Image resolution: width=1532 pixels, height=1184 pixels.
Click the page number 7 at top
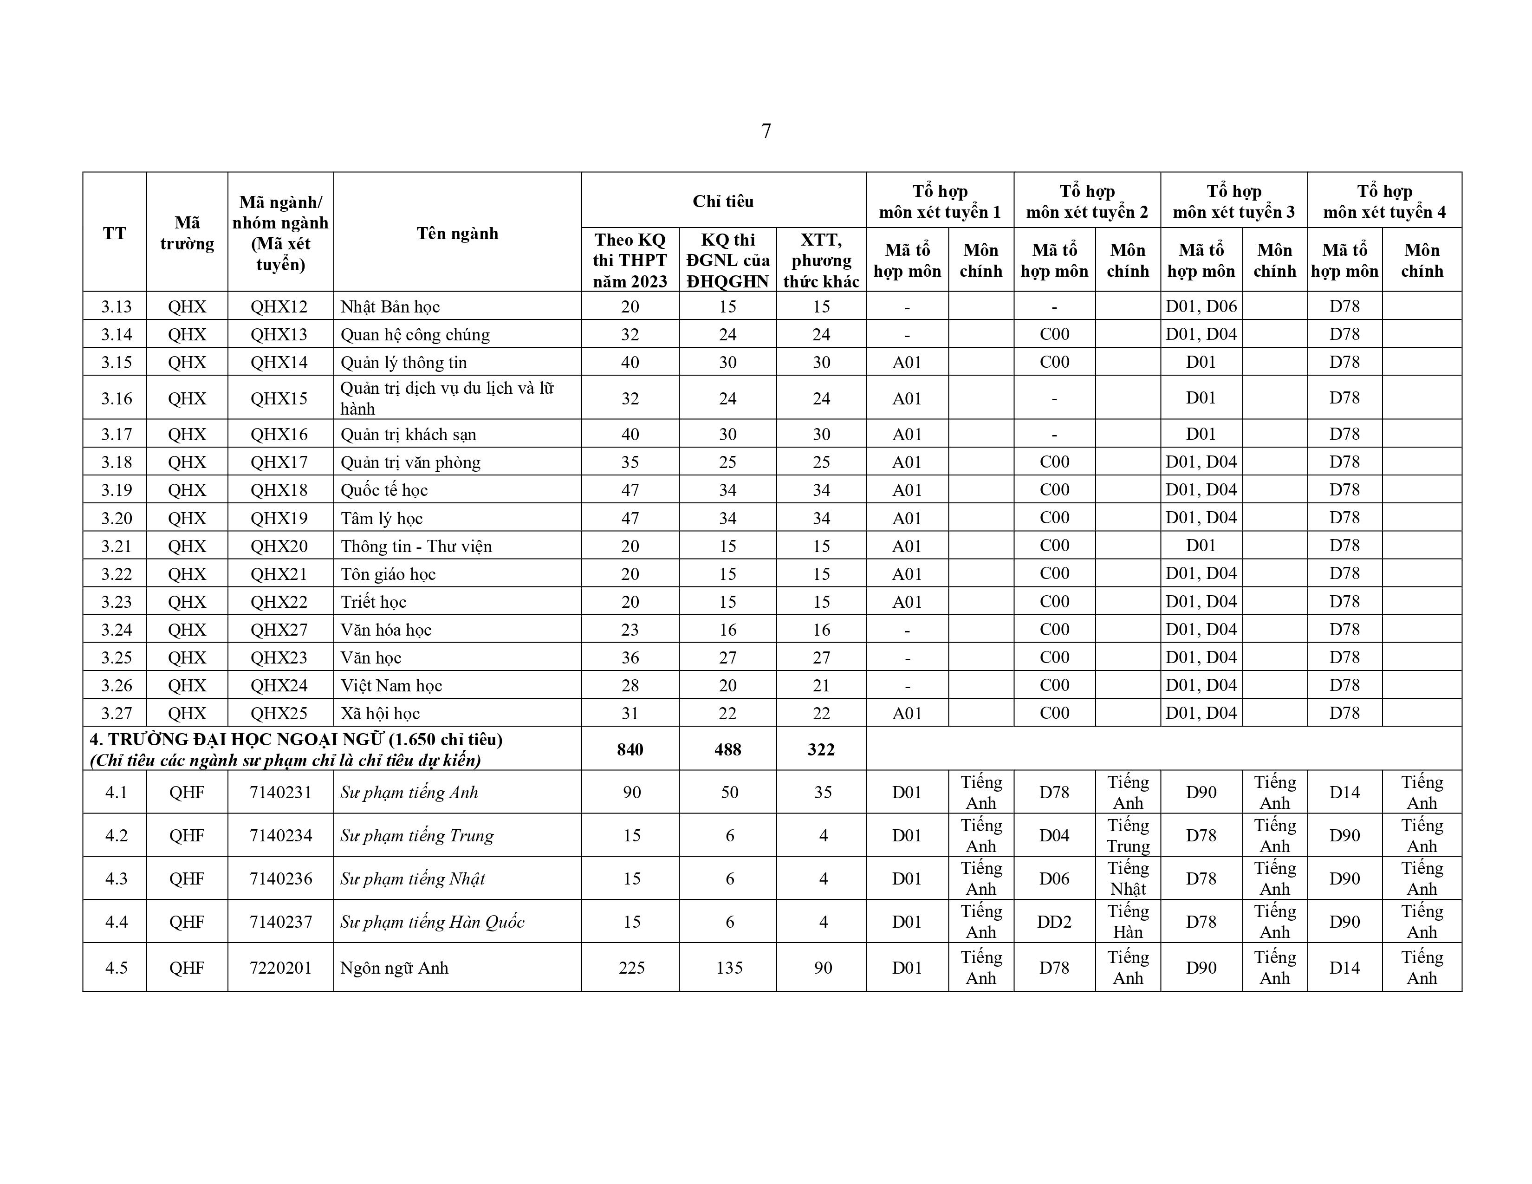(x=766, y=131)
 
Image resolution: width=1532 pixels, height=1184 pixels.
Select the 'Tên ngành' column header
(x=457, y=233)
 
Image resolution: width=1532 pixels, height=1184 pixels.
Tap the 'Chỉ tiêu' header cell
(x=723, y=202)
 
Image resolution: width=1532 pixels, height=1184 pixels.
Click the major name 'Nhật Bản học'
(x=390, y=306)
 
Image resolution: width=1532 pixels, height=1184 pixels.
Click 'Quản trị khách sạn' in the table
(x=408, y=434)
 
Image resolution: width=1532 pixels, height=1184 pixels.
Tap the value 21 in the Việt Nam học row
(x=821, y=685)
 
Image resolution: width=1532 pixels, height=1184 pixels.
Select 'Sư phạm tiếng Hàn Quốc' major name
(x=432, y=922)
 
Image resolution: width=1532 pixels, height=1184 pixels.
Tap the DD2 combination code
(x=1054, y=922)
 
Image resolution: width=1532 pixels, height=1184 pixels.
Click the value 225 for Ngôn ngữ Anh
(x=631, y=968)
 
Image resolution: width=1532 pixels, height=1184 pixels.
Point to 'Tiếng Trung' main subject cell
(x=1128, y=835)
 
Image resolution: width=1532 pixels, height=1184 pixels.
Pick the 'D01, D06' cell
(x=1201, y=306)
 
